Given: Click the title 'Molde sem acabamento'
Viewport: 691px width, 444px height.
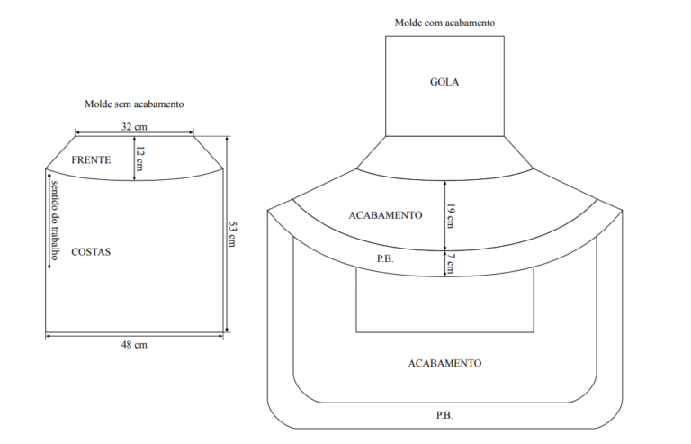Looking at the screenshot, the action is (134, 104).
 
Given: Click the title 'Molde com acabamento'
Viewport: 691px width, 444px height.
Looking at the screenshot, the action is (444, 23).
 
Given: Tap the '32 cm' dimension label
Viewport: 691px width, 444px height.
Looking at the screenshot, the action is (134, 127).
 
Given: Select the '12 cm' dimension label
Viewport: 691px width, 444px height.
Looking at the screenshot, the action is (140, 159).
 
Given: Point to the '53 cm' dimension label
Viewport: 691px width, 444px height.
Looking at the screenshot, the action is (233, 234).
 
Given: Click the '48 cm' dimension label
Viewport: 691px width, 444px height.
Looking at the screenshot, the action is (134, 345).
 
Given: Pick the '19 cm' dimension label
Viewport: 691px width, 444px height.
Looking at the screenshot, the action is (451, 216).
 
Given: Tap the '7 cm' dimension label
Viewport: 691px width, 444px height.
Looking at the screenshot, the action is (451, 263).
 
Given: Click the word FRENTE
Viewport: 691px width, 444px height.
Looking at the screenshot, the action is (91, 159).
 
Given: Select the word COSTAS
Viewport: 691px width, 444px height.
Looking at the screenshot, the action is (91, 252).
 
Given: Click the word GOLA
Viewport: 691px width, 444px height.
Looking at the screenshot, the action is (444, 82).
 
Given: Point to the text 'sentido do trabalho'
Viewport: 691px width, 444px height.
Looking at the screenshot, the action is (56, 220).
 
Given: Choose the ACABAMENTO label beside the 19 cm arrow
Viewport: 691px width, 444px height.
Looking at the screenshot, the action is (386, 215).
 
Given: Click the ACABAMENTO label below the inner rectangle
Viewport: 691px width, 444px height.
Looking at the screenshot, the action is (445, 363).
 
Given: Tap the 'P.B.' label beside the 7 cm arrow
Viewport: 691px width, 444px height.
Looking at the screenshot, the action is (385, 258).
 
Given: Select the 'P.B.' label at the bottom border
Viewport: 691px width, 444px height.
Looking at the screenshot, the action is (444, 415).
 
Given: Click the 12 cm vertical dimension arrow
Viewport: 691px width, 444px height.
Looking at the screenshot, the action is (134, 159).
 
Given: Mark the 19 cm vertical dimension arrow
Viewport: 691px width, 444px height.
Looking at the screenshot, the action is (445, 215).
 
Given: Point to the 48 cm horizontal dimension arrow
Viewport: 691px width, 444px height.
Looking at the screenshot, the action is (134, 336).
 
